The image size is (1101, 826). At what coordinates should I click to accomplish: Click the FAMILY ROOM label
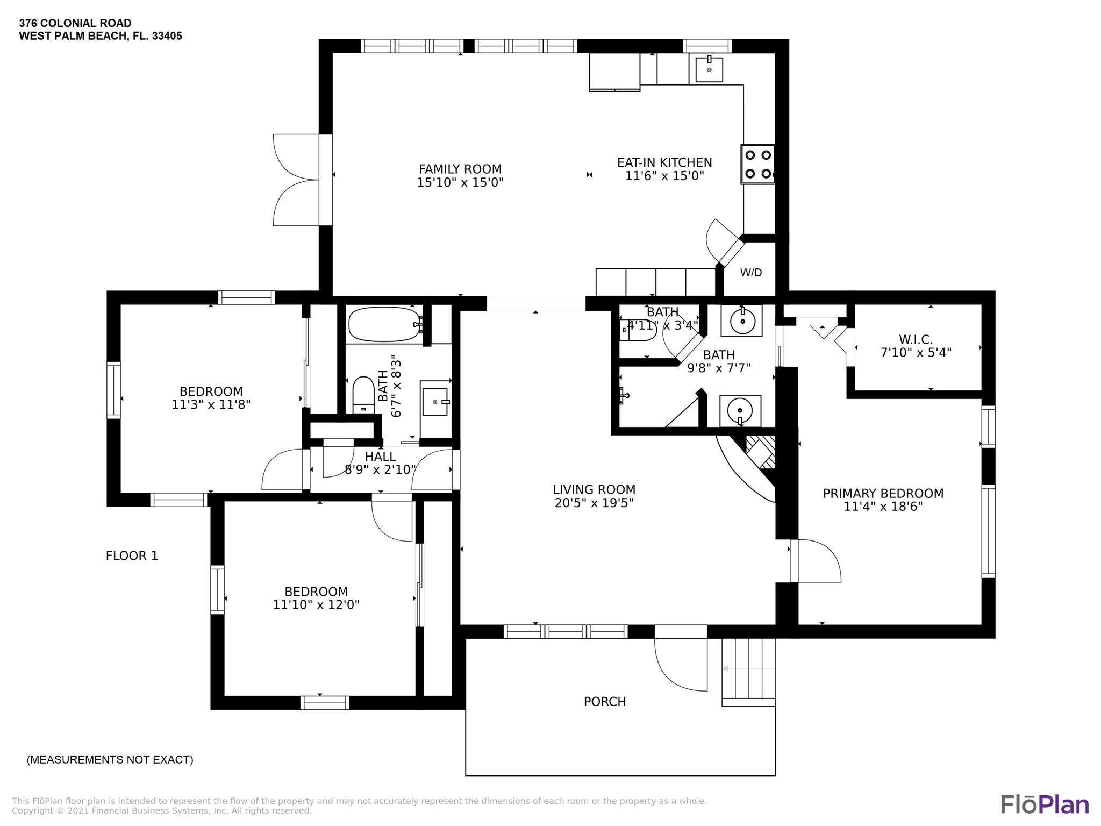(x=460, y=169)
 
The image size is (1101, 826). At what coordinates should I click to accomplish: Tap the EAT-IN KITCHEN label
(x=664, y=162)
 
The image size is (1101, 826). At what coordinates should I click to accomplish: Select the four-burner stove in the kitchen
(x=758, y=164)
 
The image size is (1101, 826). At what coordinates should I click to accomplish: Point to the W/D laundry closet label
(x=751, y=273)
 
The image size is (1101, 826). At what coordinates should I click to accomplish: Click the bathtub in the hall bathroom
(x=384, y=324)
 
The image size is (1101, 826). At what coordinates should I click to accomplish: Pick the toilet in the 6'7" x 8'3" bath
(x=363, y=395)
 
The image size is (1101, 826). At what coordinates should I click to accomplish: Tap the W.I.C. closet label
(x=916, y=340)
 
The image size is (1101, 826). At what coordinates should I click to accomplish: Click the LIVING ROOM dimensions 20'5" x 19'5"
(x=594, y=503)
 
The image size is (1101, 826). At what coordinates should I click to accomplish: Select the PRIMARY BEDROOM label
(x=883, y=493)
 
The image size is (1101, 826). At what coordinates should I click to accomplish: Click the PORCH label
(x=605, y=702)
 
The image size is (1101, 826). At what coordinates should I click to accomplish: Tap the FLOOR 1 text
(x=132, y=556)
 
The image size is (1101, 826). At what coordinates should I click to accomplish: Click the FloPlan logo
(x=1045, y=804)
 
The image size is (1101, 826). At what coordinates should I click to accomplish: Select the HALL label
(x=381, y=457)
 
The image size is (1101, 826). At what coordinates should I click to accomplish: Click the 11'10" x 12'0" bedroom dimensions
(x=316, y=604)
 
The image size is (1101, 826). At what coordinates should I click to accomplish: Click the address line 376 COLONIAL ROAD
(x=75, y=23)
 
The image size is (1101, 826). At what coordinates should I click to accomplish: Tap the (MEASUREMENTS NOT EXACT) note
(x=110, y=760)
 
